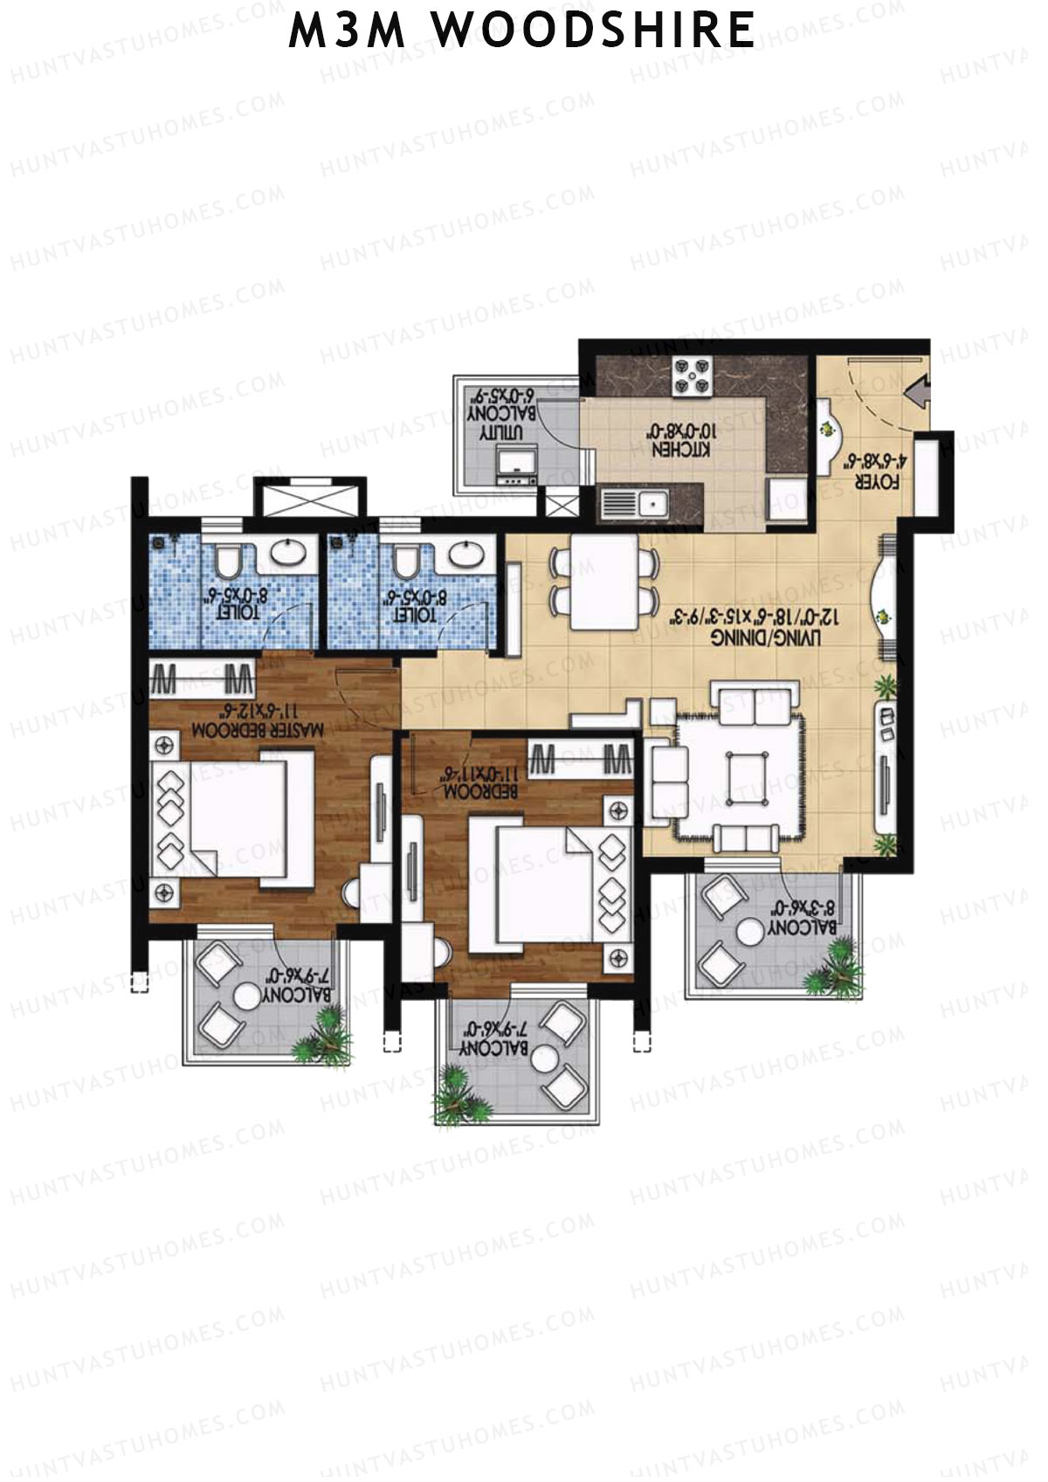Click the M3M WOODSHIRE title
pos(522,32)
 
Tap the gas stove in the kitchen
pos(691,376)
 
